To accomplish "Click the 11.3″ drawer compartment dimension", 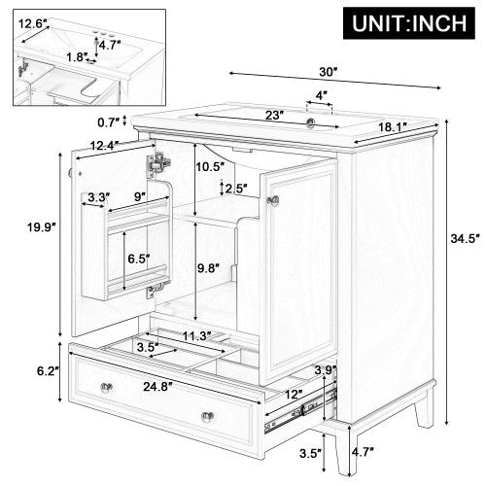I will [200, 337].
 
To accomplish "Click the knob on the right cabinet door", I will [274, 200].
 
